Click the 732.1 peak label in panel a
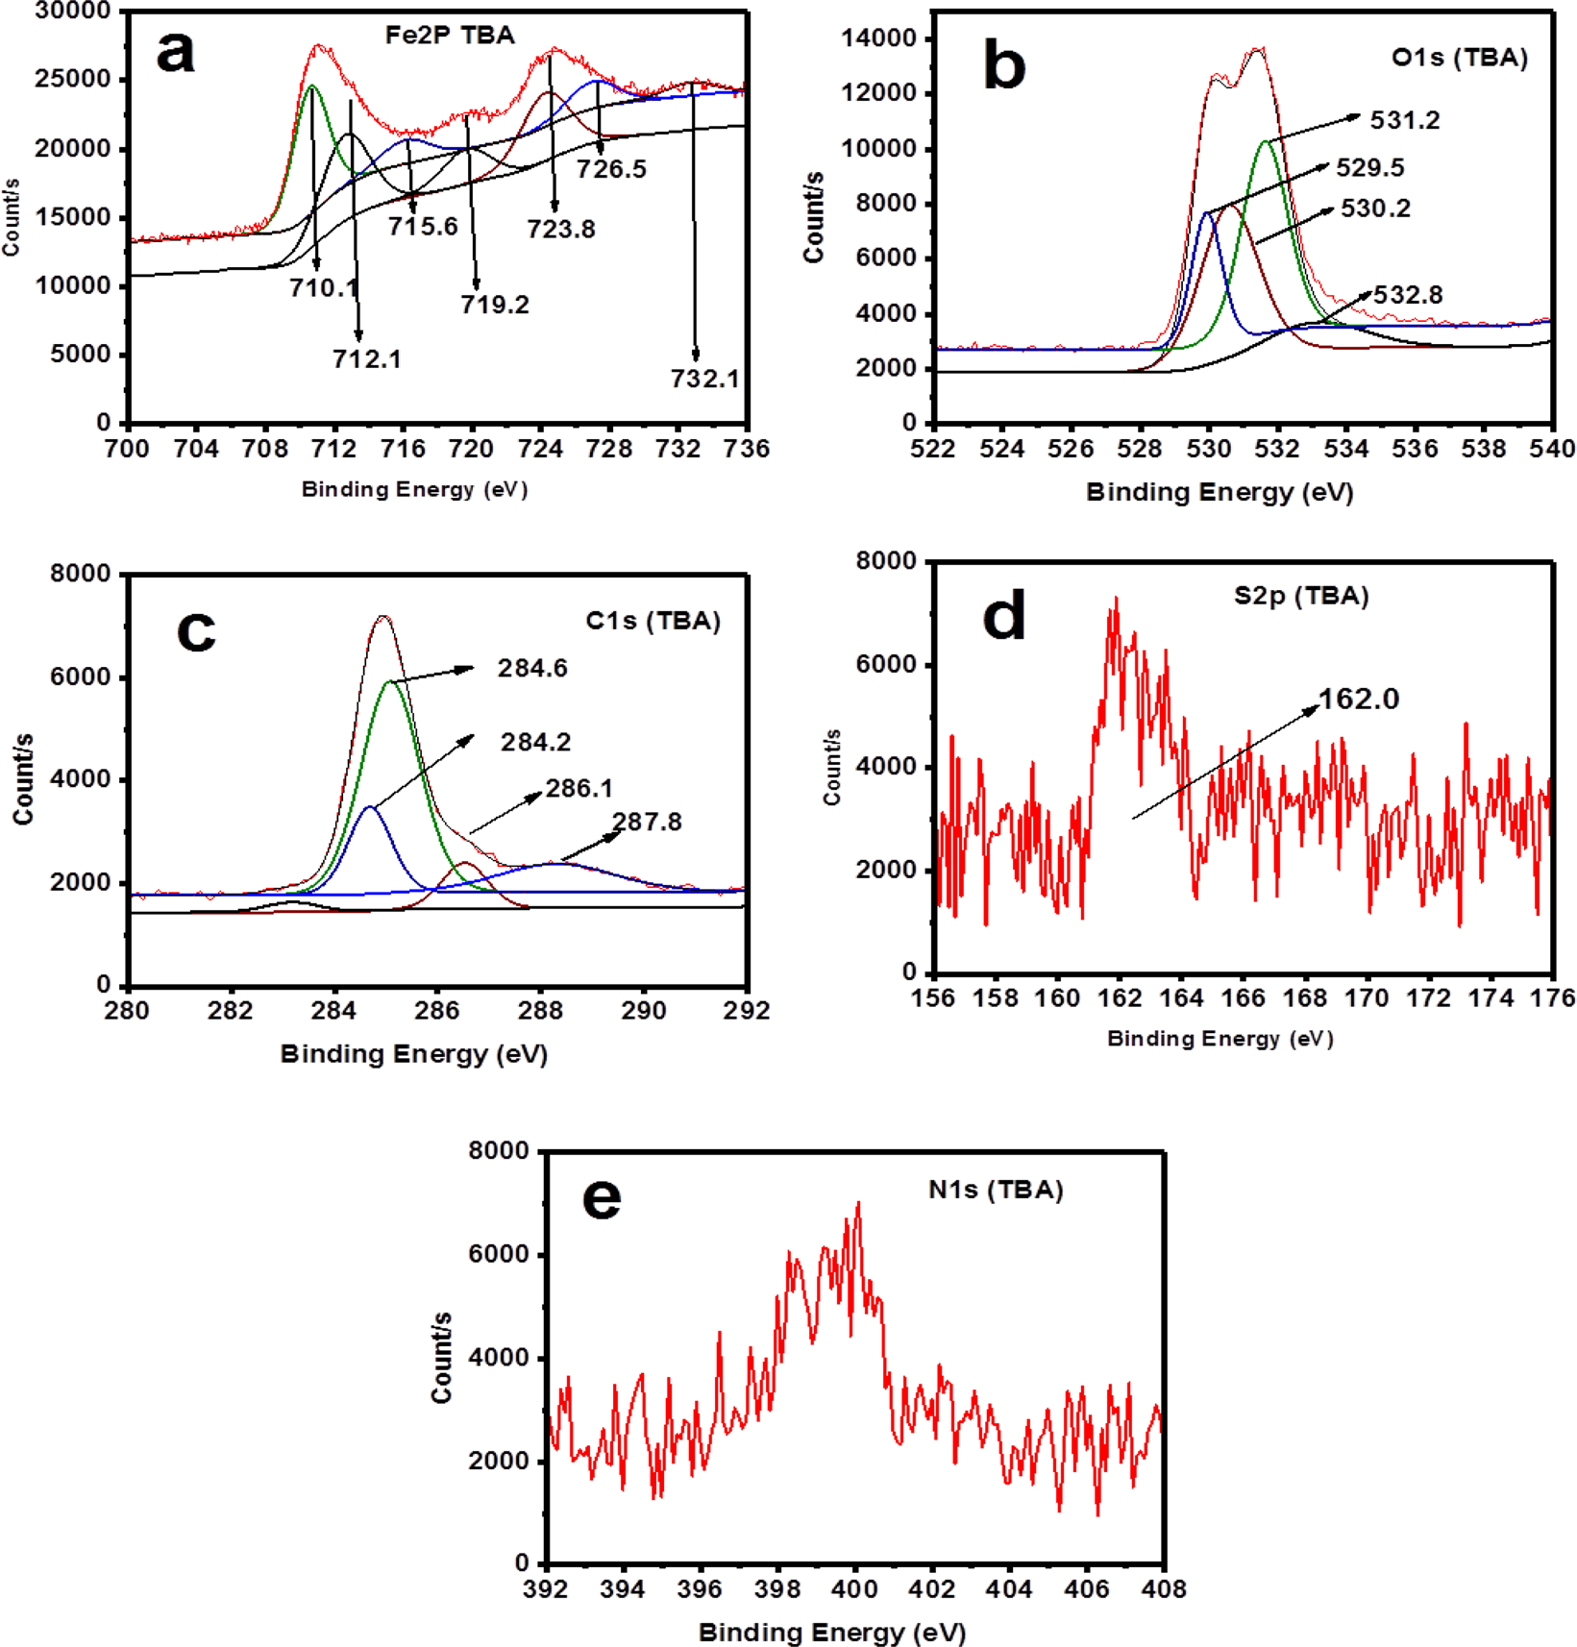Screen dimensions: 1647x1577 point(704,379)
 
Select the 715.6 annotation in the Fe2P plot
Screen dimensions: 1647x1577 point(423,227)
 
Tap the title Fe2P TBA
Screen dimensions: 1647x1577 point(450,36)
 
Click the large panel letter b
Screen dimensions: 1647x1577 point(1004,66)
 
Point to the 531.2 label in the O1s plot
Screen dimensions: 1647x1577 point(1404,120)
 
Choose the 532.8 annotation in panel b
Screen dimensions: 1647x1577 point(1408,295)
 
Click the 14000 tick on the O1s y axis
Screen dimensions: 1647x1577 point(878,38)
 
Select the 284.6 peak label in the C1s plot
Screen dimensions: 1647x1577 point(532,668)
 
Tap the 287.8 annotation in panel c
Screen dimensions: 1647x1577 point(647,822)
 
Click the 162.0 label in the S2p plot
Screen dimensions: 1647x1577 point(1358,699)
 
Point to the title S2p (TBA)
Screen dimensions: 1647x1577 point(1300,596)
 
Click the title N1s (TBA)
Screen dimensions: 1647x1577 point(996,1190)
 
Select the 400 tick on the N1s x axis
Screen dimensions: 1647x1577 point(854,1589)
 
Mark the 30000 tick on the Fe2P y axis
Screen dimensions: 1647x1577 point(72,12)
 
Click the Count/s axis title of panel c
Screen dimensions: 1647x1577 point(23,778)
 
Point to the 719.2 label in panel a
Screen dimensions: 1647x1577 point(494,305)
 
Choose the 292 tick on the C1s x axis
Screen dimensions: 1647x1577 point(747,1011)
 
